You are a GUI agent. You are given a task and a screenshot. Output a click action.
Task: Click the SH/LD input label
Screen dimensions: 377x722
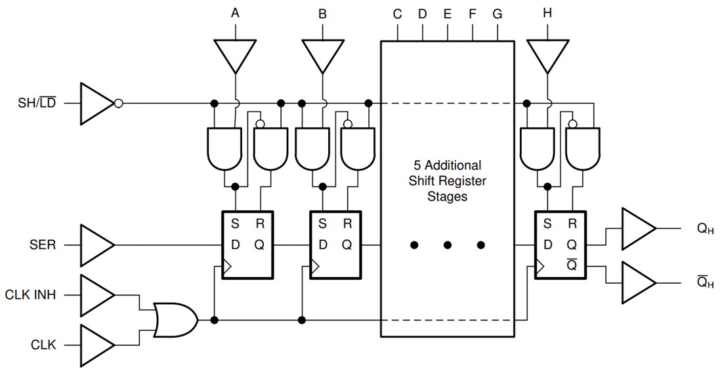click(x=37, y=104)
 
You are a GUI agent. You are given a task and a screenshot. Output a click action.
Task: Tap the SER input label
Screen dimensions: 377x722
click(x=43, y=245)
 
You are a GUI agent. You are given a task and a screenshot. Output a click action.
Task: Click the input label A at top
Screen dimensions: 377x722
click(x=235, y=14)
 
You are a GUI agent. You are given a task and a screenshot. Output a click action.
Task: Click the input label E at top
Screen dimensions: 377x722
click(x=448, y=14)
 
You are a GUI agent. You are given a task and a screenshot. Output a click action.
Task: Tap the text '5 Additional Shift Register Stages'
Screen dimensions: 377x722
click(x=447, y=180)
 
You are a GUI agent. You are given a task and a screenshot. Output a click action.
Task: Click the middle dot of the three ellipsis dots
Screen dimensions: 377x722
click(x=448, y=245)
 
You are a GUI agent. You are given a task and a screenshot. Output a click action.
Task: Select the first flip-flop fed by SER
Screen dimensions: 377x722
click(x=247, y=245)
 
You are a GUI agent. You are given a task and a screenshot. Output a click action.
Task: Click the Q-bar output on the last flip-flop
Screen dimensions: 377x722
click(x=572, y=266)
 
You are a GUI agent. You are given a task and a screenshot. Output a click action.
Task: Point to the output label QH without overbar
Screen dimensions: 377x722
click(x=706, y=229)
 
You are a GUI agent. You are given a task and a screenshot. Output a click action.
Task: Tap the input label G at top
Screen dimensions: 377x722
click(x=498, y=14)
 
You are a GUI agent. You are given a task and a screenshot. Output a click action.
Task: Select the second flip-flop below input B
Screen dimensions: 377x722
click(x=335, y=245)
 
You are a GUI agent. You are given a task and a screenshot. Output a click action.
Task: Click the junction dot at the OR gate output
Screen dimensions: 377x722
click(x=214, y=320)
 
